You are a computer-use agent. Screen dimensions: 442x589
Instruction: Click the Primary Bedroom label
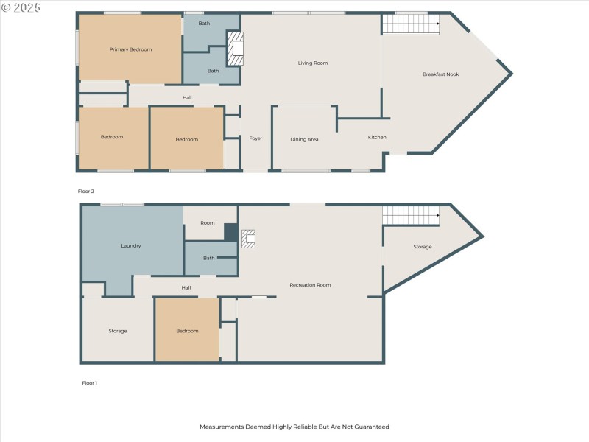130,49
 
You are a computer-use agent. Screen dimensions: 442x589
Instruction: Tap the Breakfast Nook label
440,74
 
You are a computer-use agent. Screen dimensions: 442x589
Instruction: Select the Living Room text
312,63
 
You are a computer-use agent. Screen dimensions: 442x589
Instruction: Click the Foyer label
255,138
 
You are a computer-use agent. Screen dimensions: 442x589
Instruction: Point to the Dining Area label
304,139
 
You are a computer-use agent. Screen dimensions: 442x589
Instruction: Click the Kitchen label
377,137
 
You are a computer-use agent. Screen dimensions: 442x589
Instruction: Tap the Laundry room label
130,245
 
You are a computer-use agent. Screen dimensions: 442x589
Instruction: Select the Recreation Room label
310,284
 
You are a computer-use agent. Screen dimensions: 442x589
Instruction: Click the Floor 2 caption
86,191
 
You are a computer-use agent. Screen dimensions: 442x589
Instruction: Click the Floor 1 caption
88,382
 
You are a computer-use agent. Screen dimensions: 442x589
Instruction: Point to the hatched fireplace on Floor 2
236,48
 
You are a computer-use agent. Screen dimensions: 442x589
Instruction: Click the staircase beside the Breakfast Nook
410,24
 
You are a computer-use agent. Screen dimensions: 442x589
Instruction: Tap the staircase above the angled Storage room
410,215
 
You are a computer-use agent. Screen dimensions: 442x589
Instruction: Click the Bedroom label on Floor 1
187,331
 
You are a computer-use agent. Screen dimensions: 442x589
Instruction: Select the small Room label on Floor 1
207,222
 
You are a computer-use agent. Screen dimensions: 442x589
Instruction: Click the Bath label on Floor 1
208,258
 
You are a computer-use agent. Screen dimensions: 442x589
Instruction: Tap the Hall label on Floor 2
187,97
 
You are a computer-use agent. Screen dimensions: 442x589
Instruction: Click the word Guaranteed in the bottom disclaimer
371,427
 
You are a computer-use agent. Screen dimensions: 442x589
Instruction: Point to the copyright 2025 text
21,7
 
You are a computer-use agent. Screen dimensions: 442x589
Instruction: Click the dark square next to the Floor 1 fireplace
230,232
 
